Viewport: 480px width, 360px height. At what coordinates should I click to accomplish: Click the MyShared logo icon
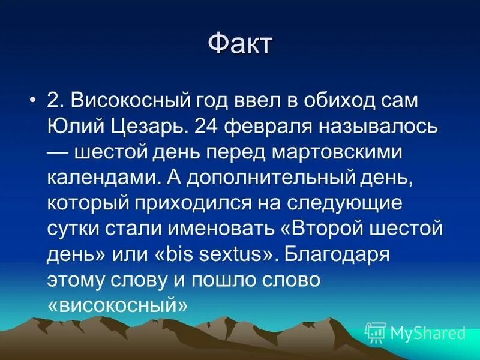pyautogui.click(x=376, y=332)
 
